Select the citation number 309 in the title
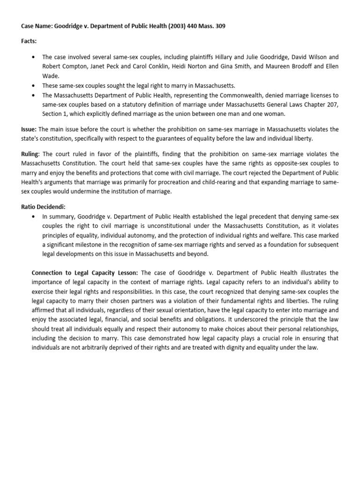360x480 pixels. click(x=219, y=26)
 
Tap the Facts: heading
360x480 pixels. click(x=29, y=41)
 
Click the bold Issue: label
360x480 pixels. click(x=29, y=129)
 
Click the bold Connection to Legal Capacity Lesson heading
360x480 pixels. click(x=85, y=272)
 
